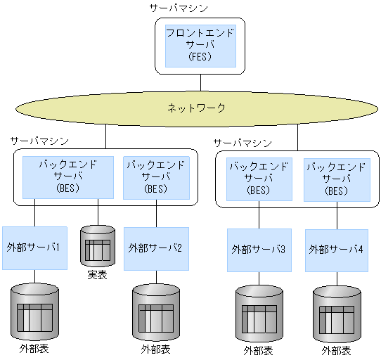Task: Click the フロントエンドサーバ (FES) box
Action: (200, 46)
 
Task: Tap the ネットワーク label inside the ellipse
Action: (196, 108)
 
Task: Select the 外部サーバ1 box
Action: (34, 247)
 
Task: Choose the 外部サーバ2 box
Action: (156, 248)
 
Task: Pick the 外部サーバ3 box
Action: (259, 250)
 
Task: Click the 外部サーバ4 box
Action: (337, 250)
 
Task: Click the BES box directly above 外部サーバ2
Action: (155, 176)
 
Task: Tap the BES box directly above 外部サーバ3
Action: (258, 179)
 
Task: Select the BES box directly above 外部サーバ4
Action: (336, 179)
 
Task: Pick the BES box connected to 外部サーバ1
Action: (67, 176)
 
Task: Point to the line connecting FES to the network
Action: (200, 82)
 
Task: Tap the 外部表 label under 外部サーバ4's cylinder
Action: (336, 350)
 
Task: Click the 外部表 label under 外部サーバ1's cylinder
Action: (34, 349)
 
